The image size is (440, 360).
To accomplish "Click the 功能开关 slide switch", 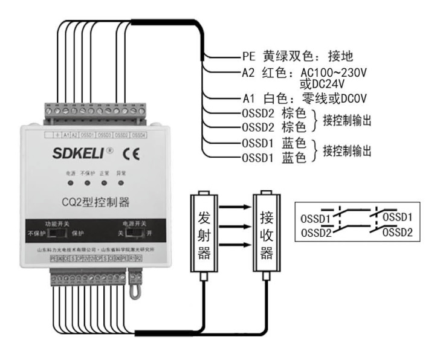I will pos(57,233).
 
